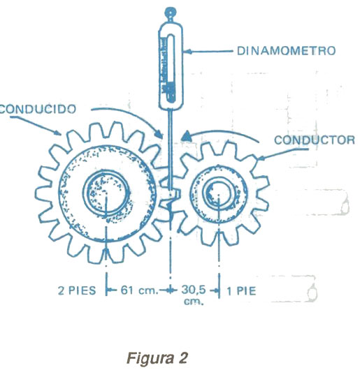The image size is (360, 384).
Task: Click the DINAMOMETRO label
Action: pos(286,51)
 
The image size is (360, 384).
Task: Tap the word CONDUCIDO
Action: pos(38,109)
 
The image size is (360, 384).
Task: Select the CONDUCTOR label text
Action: pos(315,140)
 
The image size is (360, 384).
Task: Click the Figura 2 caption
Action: pos(157,358)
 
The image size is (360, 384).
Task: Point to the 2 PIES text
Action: pos(77,290)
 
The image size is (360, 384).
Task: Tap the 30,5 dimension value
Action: pos(193,290)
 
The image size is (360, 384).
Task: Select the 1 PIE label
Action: pos(241,291)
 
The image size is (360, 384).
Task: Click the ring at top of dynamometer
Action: pos(171,12)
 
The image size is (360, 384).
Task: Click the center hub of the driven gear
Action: pos(106,193)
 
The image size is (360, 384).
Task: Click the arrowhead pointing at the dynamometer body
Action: pos(187,52)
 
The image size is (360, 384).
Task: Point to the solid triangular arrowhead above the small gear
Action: pos(187,136)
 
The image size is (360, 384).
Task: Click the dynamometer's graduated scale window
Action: pos(170,68)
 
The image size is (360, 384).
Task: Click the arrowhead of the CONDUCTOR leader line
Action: pos(261,158)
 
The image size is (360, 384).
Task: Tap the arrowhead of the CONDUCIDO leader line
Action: pos(57,133)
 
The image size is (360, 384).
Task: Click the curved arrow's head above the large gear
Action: pos(159,135)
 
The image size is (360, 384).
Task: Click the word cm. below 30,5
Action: pos(194,301)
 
